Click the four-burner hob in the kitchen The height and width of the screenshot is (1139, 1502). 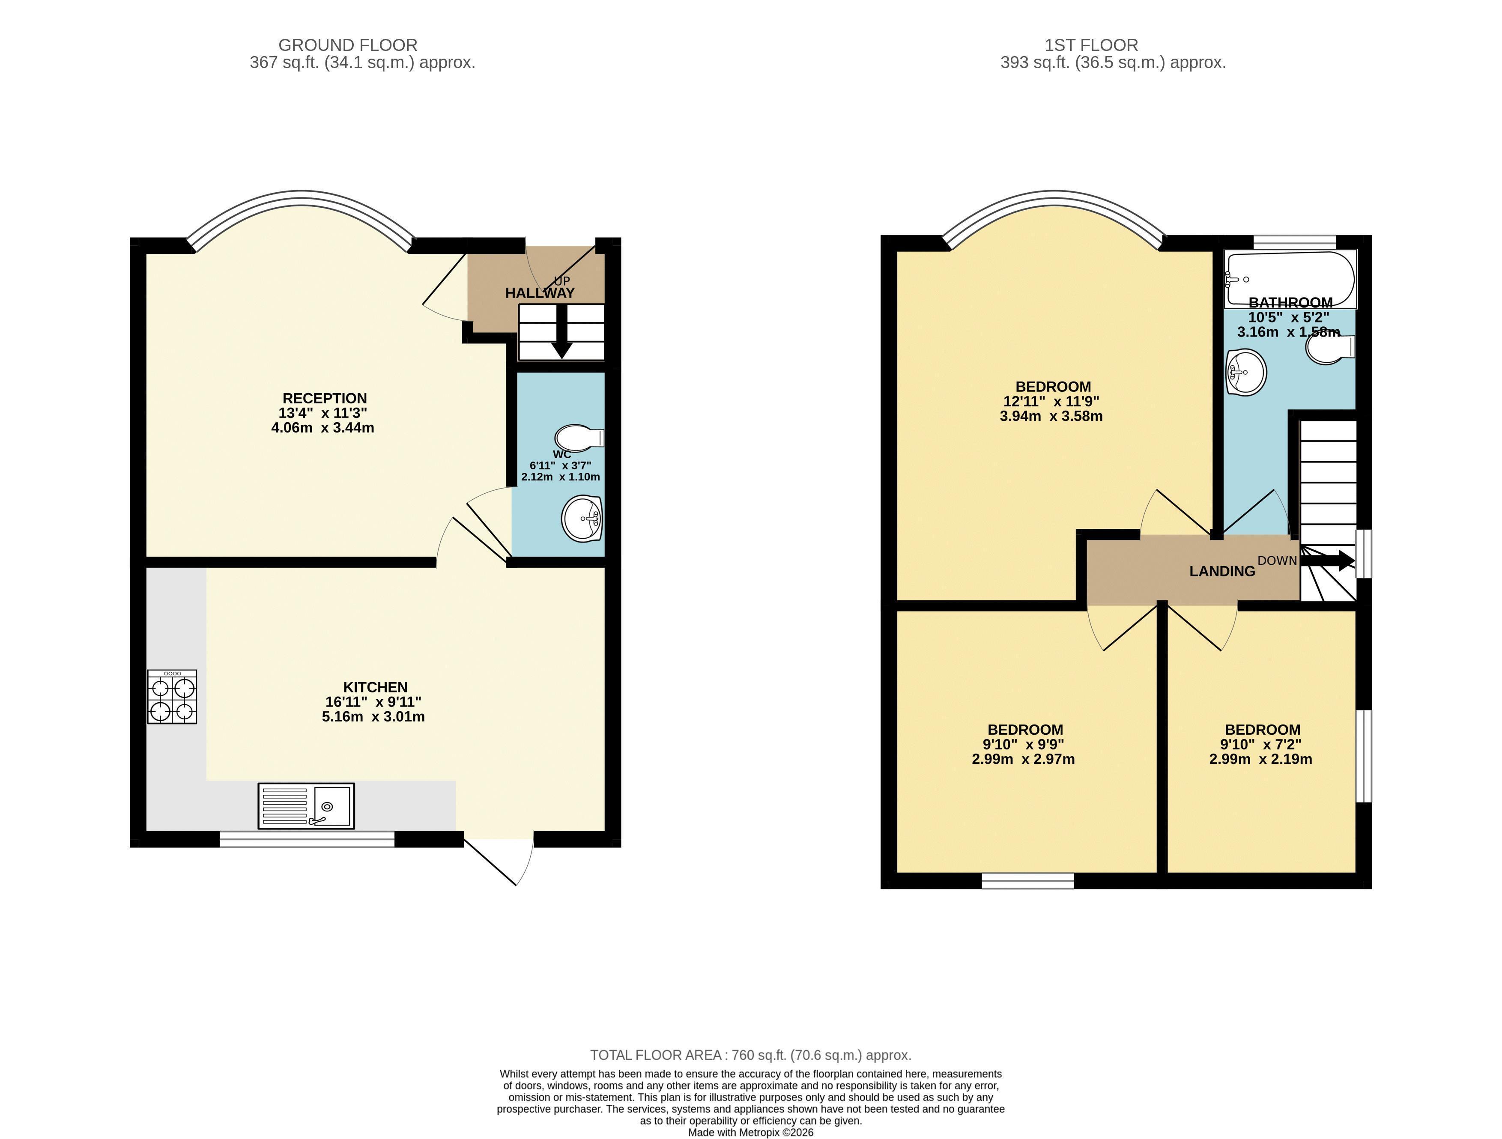(172, 696)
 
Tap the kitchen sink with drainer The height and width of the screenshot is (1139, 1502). (305, 806)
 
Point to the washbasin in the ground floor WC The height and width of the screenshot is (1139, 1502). (582, 519)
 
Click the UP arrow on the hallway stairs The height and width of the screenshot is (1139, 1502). (561, 331)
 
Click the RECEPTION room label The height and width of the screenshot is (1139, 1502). (325, 399)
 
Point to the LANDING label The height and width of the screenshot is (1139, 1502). (1222, 572)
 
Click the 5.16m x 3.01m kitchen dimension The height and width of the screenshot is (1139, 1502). (373, 717)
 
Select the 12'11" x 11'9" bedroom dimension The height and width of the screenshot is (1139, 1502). (1051, 402)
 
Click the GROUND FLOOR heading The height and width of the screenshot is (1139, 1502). (348, 45)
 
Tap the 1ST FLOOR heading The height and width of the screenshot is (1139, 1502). (1091, 45)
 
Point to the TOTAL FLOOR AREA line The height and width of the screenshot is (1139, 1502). (750, 1055)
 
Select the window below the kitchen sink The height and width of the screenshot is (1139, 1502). (307, 840)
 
